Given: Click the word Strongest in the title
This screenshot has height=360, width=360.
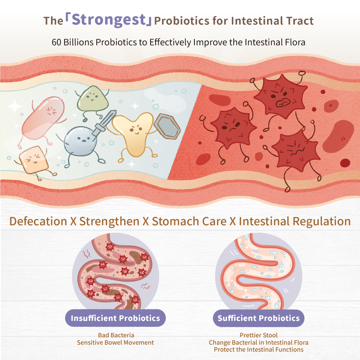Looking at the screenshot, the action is [x=109, y=20].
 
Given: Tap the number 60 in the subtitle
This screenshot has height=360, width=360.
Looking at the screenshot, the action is [x=56, y=42].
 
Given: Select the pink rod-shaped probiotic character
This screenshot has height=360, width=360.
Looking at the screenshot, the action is [x=43, y=118].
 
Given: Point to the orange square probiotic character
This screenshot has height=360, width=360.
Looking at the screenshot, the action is [x=34, y=160].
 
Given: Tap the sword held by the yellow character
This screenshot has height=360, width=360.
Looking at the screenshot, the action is [x=104, y=123].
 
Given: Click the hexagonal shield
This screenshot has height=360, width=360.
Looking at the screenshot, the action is [x=167, y=126].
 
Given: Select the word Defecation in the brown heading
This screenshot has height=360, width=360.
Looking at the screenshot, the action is [x=38, y=222].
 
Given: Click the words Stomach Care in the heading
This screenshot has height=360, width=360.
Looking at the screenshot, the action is [x=189, y=222].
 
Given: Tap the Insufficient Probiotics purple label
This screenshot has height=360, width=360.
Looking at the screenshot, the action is [x=115, y=318].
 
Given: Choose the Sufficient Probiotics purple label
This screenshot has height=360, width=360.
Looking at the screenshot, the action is [x=259, y=318].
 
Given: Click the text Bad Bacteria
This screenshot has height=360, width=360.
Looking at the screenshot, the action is [x=116, y=335].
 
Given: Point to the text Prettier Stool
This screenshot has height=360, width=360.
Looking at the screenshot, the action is [x=259, y=335].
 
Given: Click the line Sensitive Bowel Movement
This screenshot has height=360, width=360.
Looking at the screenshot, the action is [x=115, y=343].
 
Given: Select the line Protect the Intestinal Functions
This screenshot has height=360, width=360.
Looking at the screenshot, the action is [x=259, y=350].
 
